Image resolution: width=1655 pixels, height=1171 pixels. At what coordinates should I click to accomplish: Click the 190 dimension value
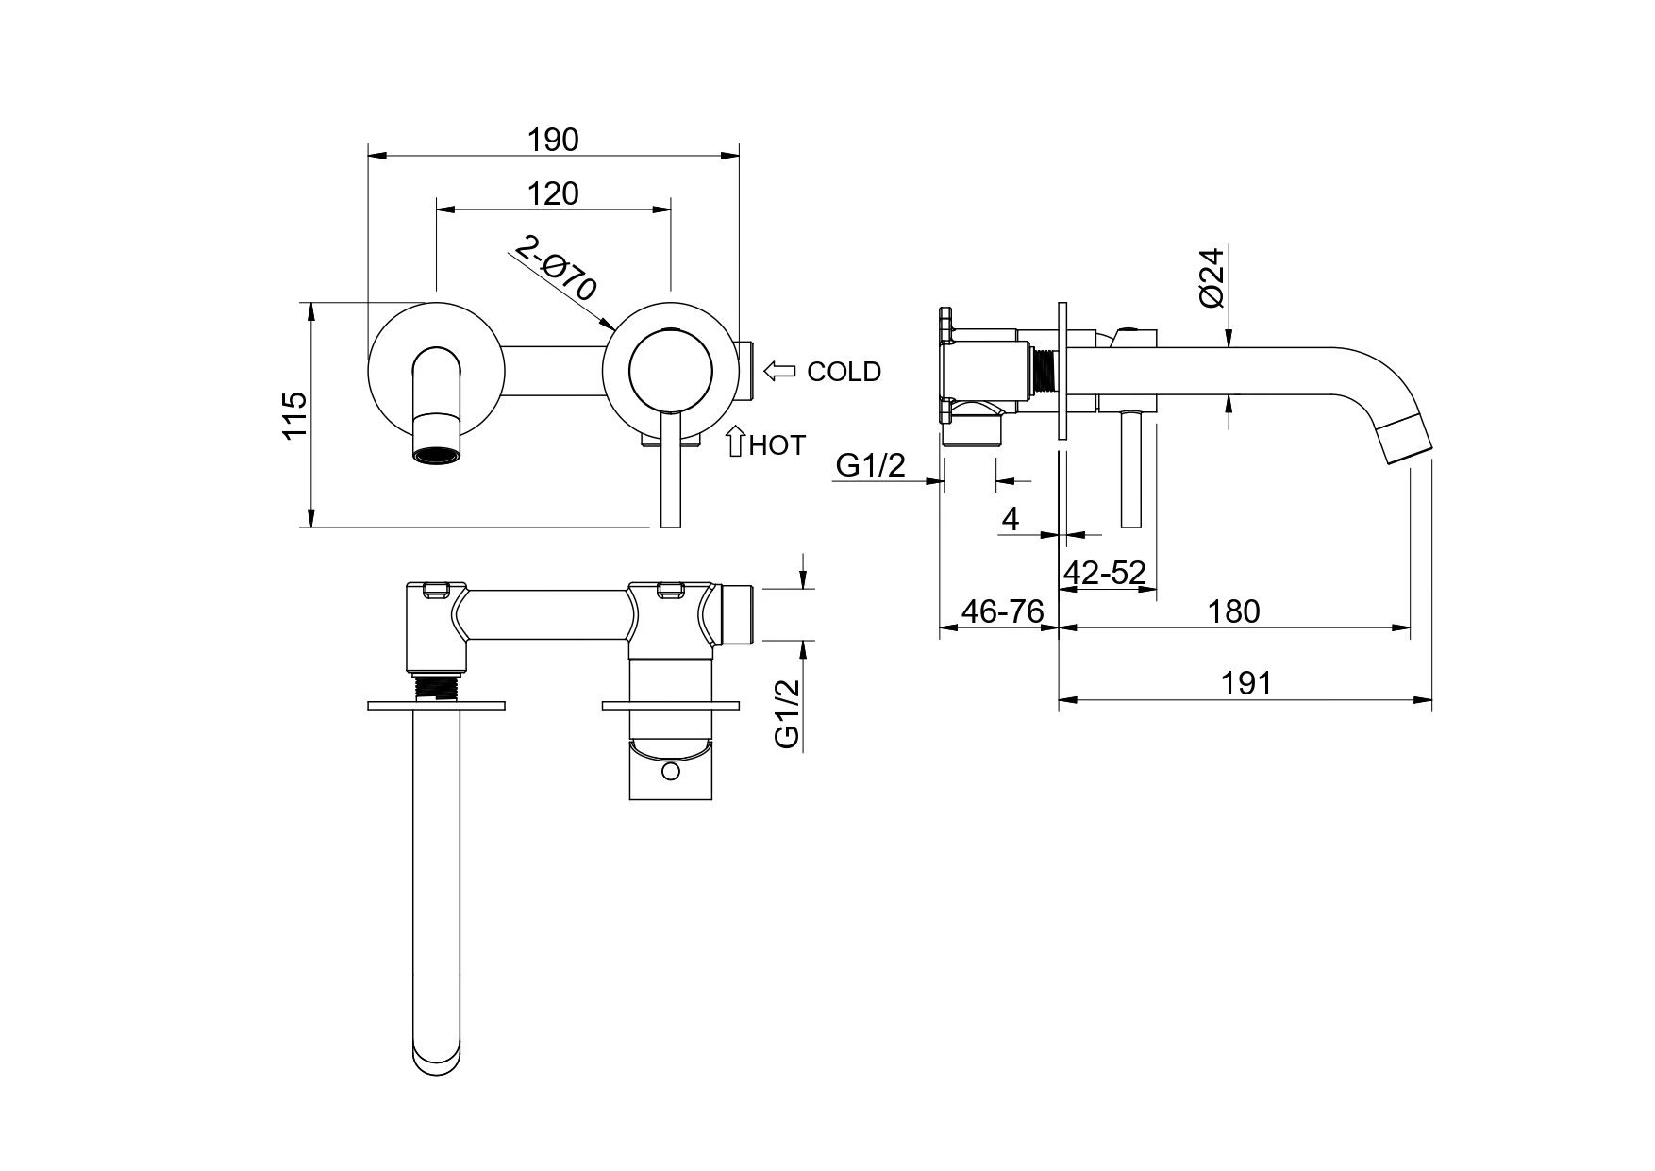click(553, 140)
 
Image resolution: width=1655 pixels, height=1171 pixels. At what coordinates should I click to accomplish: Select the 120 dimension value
click(553, 193)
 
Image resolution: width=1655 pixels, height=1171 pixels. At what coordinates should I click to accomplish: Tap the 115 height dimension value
click(295, 414)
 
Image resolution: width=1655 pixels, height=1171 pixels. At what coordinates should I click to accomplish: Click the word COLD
click(844, 372)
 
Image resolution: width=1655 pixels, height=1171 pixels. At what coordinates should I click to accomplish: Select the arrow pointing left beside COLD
click(779, 371)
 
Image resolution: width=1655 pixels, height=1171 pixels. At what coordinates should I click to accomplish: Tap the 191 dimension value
click(1246, 683)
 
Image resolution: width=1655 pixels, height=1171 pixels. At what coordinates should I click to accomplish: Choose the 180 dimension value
click(1234, 611)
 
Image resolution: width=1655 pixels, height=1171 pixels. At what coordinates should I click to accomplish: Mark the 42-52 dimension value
click(1104, 573)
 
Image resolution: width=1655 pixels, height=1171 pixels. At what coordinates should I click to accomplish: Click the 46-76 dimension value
click(1002, 611)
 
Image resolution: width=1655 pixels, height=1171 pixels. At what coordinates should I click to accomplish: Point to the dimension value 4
click(1011, 519)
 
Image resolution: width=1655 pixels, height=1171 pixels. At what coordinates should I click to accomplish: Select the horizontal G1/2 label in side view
click(870, 464)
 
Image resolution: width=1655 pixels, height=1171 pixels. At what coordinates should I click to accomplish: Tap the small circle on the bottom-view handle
click(670, 773)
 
